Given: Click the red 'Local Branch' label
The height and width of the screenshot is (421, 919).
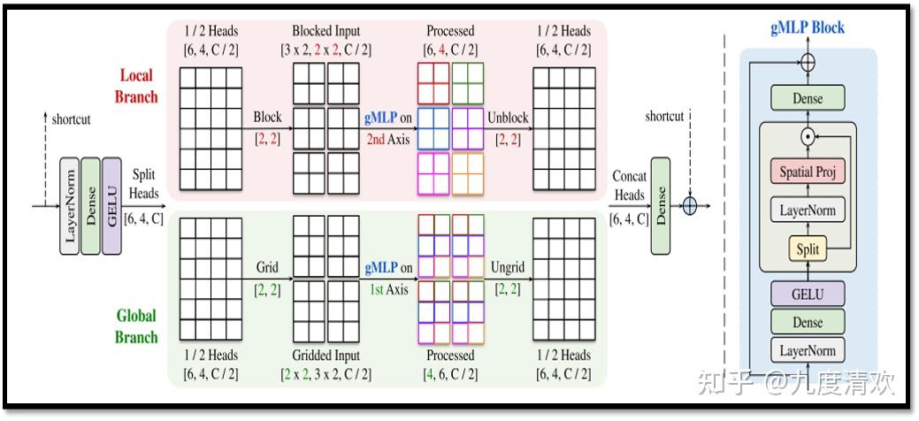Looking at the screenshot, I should click(x=135, y=86).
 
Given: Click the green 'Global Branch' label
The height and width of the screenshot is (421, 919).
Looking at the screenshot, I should click(x=135, y=325).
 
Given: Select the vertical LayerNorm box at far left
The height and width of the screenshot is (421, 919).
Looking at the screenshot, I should click(x=69, y=207).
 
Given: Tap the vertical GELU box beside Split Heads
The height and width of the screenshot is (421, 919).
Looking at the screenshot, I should click(x=111, y=207).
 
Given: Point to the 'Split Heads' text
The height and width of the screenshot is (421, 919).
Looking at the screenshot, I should click(x=144, y=184).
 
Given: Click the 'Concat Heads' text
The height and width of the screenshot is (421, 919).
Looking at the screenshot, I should click(x=629, y=185).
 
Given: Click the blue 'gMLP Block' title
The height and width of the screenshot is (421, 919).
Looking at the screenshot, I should click(x=807, y=27).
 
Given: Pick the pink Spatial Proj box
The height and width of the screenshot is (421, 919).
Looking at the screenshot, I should click(x=808, y=172).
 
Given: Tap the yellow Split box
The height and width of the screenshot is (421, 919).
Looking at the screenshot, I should click(x=808, y=249).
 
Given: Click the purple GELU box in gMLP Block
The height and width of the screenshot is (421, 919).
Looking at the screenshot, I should click(x=808, y=294).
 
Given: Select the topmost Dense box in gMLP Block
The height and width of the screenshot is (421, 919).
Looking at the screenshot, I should click(x=808, y=98).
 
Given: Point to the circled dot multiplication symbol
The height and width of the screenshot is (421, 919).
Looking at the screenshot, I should click(x=807, y=136).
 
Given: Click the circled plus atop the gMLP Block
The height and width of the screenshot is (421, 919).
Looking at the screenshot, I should click(x=807, y=63).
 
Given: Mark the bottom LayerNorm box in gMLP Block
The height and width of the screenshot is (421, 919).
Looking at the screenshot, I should click(x=808, y=350).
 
